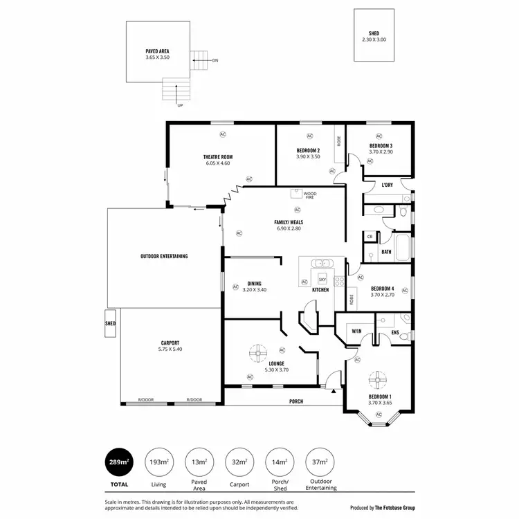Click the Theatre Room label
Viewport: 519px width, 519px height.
click(x=217, y=157)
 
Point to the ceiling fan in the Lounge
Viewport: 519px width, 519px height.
click(x=258, y=353)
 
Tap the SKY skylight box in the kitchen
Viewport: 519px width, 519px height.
click(x=322, y=279)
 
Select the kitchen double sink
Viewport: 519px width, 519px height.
click(x=322, y=264)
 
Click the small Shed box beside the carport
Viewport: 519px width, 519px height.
click(x=110, y=323)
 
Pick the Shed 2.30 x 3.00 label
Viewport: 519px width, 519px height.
click(x=374, y=37)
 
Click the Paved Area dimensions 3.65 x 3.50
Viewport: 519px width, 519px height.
click(x=157, y=57)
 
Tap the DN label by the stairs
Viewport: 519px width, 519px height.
click(x=215, y=60)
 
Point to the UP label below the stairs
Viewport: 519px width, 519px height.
click(x=180, y=105)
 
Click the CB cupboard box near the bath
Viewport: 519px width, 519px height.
click(x=370, y=237)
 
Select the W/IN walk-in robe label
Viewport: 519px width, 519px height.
click(x=356, y=331)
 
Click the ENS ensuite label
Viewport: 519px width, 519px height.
click(x=394, y=333)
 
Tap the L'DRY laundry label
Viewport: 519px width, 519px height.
click(x=388, y=185)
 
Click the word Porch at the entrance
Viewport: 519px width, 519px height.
click(x=296, y=401)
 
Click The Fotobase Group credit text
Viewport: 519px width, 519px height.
click(x=394, y=507)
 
